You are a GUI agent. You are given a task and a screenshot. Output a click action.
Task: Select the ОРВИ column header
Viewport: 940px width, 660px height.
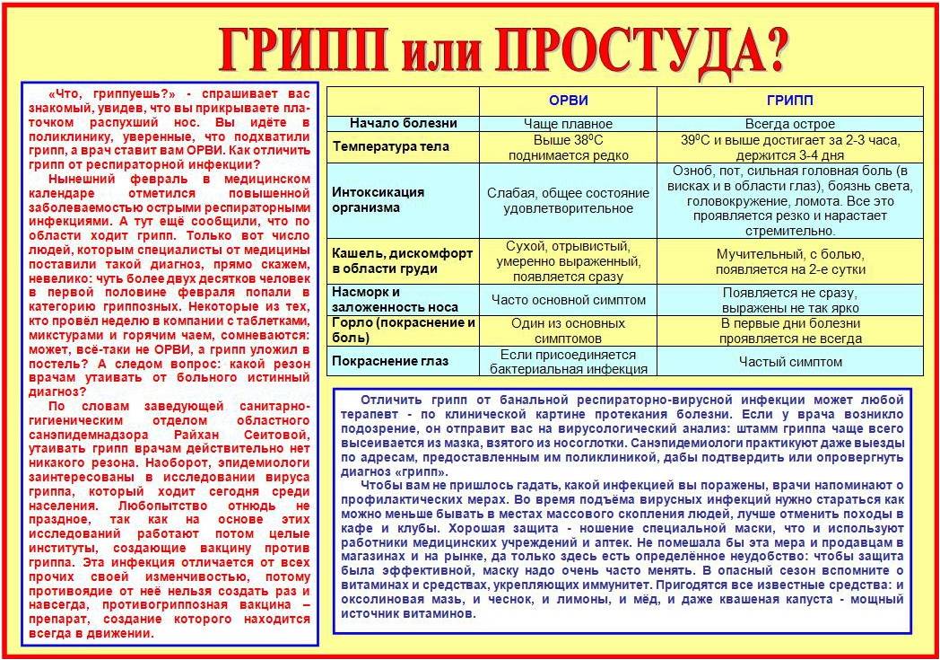tap(568, 101)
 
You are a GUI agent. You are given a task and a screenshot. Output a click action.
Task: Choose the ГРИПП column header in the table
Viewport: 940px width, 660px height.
tap(789, 101)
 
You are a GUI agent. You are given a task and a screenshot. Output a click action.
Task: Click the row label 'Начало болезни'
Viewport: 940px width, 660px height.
tap(404, 123)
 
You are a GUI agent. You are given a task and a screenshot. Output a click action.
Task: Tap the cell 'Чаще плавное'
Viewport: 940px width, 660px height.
tap(568, 124)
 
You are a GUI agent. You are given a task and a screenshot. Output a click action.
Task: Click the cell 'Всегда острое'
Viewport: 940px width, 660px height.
tap(789, 124)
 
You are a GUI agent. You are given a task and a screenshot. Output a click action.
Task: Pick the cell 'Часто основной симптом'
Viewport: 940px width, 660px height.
tap(568, 299)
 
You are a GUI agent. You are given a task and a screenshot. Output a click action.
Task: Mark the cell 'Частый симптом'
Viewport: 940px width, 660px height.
tap(789, 361)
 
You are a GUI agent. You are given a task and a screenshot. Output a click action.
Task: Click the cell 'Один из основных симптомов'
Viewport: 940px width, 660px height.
tap(568, 330)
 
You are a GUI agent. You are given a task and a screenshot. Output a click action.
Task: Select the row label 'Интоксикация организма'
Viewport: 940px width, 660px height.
tap(378, 199)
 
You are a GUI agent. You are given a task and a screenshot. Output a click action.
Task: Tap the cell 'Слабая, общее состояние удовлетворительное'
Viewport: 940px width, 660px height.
tap(568, 200)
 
